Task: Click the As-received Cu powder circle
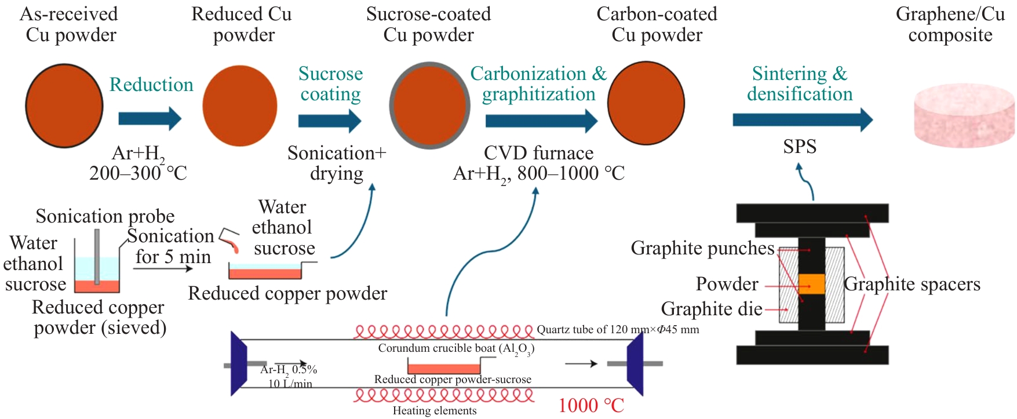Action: pos(64,107)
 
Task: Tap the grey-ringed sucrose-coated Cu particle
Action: pos(429,105)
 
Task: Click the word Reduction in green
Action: pos(151,85)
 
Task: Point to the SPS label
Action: pos(799,147)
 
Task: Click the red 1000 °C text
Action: pos(591,405)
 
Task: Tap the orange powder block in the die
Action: pos(811,284)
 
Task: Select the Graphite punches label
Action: pos(702,248)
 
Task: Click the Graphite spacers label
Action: pos(912,284)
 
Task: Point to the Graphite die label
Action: pos(712,309)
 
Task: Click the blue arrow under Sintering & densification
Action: pos(803,120)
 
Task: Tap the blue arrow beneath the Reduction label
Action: pos(150,119)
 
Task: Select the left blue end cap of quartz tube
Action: pos(239,364)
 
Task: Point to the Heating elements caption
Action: pos(435,411)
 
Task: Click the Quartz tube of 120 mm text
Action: pos(618,330)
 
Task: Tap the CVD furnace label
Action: pos(538,153)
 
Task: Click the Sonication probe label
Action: pos(105,216)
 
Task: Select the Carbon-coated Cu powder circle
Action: pos(646,103)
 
